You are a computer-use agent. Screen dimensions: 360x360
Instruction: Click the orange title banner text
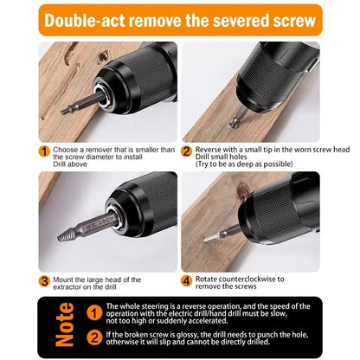[180, 19]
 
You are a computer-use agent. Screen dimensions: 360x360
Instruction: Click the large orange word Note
[65, 324]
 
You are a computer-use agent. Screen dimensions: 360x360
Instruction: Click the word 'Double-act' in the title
[87, 19]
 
